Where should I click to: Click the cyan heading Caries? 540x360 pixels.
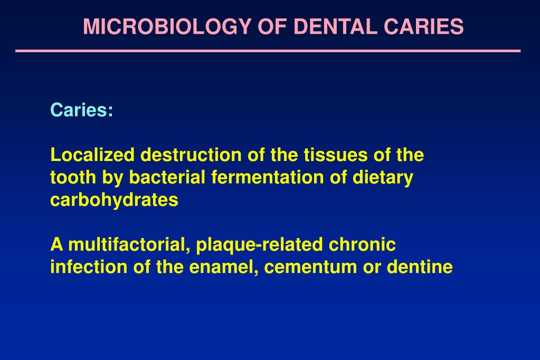[x=82, y=110]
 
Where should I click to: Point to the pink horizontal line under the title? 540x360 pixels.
[x=268, y=51]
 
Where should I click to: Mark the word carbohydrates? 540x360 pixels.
[x=114, y=201]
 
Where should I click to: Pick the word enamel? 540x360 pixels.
[x=218, y=268]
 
